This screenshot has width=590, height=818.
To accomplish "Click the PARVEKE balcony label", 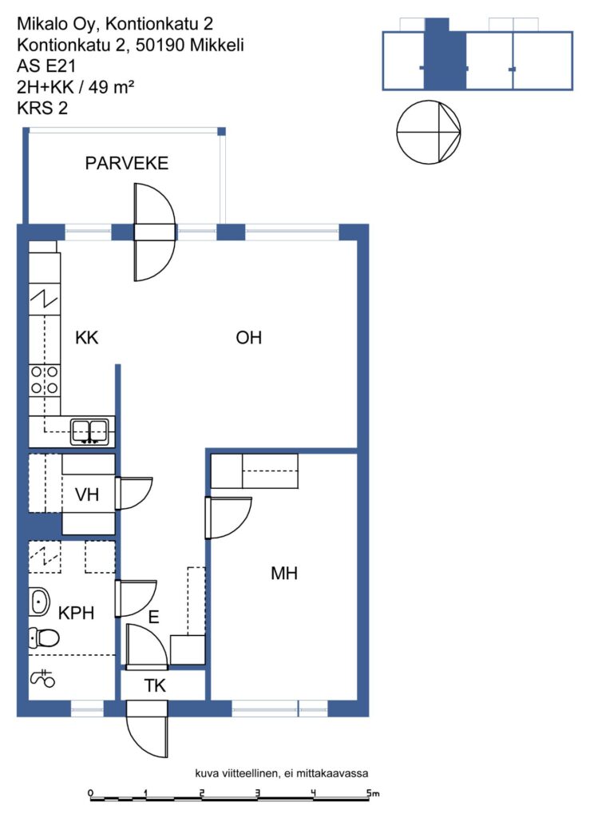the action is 127,163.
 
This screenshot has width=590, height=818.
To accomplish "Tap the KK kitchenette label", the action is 86,338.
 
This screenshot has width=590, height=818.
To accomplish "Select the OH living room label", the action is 248,338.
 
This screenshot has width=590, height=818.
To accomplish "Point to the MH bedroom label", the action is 284,574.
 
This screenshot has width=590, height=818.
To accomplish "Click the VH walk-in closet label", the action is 86,494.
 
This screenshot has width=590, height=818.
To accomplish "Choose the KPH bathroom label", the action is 76,613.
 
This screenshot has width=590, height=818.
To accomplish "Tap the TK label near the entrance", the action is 155,685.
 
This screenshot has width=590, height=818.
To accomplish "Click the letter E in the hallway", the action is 153,617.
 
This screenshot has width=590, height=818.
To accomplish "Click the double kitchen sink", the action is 90,432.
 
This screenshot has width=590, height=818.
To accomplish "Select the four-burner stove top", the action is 44,379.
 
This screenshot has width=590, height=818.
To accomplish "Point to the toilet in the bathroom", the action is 44,637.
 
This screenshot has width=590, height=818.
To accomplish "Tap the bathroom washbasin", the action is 39,602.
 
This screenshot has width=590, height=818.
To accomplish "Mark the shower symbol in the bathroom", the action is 43,678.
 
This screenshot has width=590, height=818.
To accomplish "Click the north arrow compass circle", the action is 429,132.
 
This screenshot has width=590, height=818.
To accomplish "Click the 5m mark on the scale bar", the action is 372,793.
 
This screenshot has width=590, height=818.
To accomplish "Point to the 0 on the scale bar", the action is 91,793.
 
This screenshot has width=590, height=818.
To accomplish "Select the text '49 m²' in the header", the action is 110,86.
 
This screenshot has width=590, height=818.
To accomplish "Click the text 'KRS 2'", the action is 42,108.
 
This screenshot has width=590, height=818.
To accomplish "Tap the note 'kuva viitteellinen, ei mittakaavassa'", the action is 282,773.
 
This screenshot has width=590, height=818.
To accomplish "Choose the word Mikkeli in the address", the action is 216,45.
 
